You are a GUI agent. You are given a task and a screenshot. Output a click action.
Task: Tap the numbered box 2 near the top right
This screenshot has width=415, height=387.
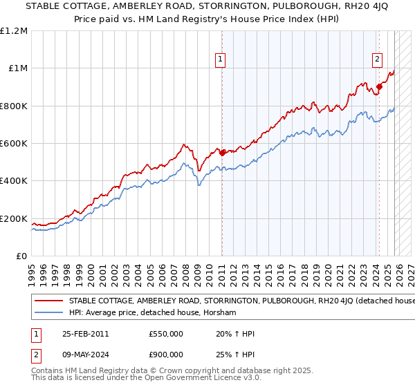point(378,59)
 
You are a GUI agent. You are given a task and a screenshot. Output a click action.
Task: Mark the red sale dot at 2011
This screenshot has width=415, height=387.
point(222,153)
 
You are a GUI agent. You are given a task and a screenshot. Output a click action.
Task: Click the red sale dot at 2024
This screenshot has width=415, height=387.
point(378,87)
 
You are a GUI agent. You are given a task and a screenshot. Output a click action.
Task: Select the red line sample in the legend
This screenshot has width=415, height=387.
point(49,301)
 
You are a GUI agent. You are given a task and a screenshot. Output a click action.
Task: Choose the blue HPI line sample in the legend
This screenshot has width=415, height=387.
point(49,313)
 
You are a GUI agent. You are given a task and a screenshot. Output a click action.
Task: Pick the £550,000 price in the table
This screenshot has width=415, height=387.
point(166,332)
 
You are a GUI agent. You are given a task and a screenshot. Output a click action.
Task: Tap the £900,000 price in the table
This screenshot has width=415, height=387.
point(166,354)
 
